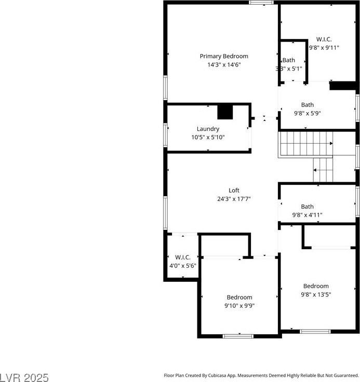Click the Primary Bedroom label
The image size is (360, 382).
[x=224, y=56]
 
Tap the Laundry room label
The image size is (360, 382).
[x=208, y=129]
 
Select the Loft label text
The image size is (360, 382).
[x=234, y=190]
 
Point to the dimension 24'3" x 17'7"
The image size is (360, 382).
[x=234, y=199]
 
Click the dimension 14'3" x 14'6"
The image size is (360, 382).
[x=224, y=65]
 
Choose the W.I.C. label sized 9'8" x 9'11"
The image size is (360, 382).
[x=324, y=39]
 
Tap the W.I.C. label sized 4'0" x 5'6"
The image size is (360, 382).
[x=182, y=257]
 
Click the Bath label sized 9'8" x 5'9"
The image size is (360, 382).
[x=308, y=105]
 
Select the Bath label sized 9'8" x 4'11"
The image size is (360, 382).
[x=308, y=207]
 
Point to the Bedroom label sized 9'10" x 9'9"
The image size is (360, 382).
[x=239, y=297]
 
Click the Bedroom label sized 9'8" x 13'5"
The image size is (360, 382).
[x=316, y=286]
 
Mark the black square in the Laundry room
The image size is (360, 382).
[x=225, y=112]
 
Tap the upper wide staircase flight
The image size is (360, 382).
[x=305, y=144]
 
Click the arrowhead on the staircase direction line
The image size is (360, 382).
[x=331, y=144]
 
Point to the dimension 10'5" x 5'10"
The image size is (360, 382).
[x=208, y=138]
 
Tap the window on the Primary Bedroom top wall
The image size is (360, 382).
[x=261, y=3]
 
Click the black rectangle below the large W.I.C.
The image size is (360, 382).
[x=342, y=86]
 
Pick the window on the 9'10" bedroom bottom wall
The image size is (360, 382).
[x=238, y=336]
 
